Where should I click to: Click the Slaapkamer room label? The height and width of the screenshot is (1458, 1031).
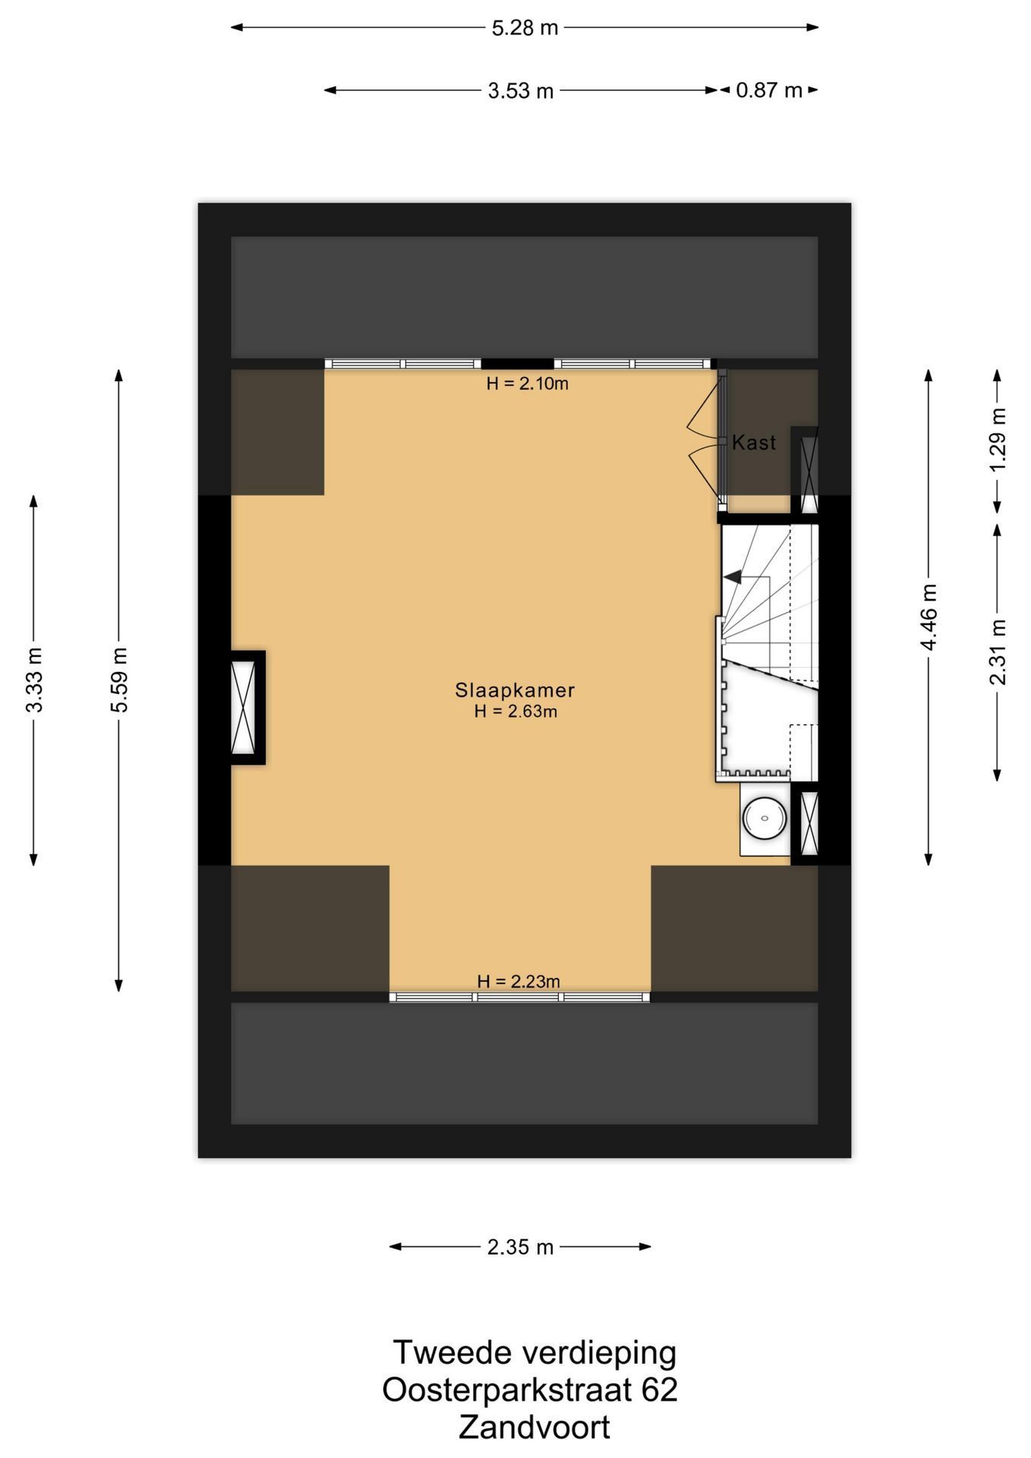tap(515, 690)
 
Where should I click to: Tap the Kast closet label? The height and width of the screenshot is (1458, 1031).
tap(754, 443)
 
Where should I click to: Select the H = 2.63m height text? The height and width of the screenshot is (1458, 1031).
tap(515, 712)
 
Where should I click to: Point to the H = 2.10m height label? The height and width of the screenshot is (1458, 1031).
tap(528, 383)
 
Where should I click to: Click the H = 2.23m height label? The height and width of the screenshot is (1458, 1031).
tap(519, 981)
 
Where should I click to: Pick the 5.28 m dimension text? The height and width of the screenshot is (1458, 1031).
tap(525, 28)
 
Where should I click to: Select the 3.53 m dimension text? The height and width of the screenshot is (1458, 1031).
tap(521, 91)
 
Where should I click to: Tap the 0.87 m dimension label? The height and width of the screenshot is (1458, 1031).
tap(769, 90)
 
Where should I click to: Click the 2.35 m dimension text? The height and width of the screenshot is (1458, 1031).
tap(521, 1247)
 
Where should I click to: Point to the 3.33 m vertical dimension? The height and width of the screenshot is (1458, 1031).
tap(34, 680)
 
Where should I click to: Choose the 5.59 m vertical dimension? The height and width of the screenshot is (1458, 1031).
tap(119, 680)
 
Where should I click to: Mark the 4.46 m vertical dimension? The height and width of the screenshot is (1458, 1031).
tap(929, 617)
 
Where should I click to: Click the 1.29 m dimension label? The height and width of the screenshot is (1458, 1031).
tap(998, 440)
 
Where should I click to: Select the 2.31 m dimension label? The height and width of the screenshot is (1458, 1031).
tap(998, 652)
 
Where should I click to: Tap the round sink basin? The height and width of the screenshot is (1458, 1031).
tap(765, 819)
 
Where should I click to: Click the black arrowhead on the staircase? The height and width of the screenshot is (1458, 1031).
tap(733, 577)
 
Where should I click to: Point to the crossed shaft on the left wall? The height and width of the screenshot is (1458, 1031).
tap(244, 707)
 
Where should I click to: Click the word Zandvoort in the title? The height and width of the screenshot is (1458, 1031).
tap(534, 1427)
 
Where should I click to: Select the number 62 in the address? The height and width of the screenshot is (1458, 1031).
tap(659, 1390)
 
